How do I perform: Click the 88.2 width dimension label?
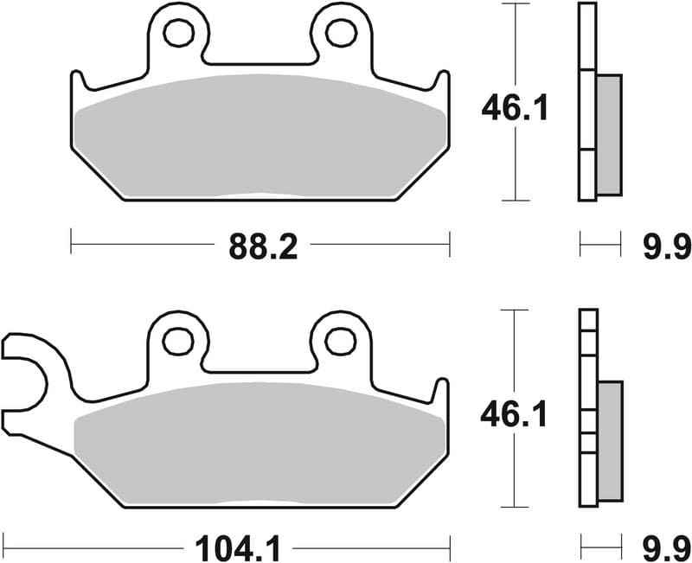[x=263, y=248]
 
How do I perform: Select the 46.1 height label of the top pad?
[x=515, y=110]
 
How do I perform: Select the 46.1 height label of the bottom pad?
[x=515, y=417]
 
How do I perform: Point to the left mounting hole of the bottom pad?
[x=179, y=341]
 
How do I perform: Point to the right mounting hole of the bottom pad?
[x=340, y=341]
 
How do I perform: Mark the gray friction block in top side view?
[x=609, y=134]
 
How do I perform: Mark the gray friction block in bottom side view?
[x=609, y=441]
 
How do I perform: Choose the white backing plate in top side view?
[x=587, y=104]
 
